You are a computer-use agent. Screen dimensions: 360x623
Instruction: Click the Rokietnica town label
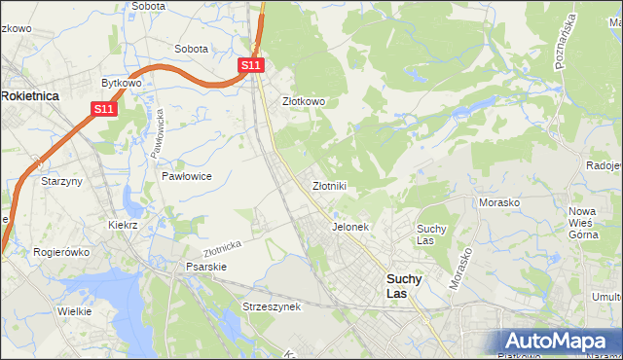click(30, 95)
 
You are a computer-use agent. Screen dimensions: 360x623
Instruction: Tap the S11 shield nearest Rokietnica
click(105, 110)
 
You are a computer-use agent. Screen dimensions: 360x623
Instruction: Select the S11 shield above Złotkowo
click(250, 64)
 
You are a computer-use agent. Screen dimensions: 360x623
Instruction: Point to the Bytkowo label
click(122, 84)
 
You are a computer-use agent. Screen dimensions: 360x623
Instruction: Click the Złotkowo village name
click(303, 100)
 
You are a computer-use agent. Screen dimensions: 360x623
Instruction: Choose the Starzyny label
click(59, 181)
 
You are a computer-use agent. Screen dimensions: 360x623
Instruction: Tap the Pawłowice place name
click(187, 176)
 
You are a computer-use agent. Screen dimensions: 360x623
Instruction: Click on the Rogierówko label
click(61, 251)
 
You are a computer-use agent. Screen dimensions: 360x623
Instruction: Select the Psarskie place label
click(206, 266)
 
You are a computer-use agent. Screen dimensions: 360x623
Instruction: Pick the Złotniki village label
click(329, 185)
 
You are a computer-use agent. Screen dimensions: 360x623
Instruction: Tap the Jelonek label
click(350, 227)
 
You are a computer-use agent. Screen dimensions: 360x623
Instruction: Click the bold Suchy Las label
click(404, 285)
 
